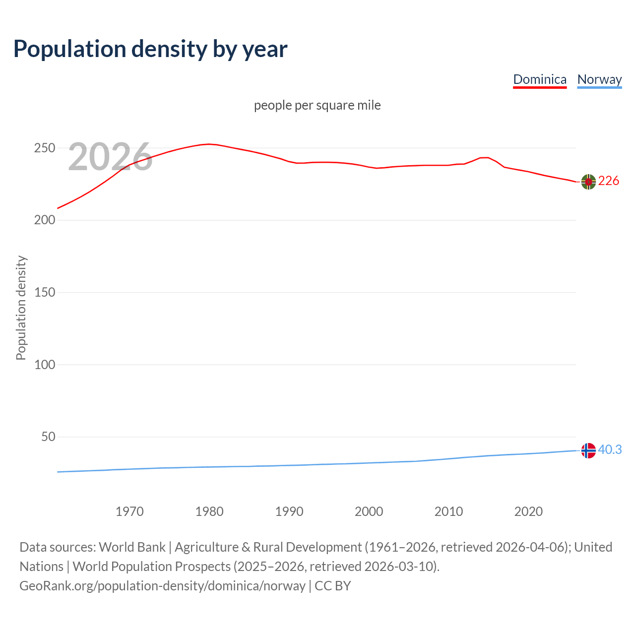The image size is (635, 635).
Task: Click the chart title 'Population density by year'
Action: (150, 49)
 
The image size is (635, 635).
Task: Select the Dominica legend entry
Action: (540, 79)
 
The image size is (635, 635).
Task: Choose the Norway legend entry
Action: (599, 79)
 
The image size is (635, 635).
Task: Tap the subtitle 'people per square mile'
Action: (317, 105)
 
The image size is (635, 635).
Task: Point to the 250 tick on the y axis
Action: (44, 148)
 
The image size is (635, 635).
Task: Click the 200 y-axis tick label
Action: (44, 220)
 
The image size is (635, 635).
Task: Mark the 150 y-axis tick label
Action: (44, 292)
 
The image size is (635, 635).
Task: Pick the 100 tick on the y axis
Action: (44, 365)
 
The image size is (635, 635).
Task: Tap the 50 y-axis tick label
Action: (48, 437)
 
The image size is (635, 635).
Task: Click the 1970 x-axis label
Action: (129, 511)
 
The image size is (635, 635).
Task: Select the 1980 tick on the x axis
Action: (209, 511)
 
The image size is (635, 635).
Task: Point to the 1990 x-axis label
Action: (289, 511)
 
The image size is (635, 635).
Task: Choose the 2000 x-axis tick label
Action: (369, 511)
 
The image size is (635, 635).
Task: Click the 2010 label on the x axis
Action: (448, 511)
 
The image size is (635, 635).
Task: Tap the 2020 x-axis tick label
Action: (528, 511)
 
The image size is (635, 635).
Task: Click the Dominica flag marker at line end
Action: (588, 182)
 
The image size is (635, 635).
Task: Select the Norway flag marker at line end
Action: (588, 450)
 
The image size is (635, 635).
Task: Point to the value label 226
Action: (609, 181)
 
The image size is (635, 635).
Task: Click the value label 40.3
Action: (610, 449)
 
